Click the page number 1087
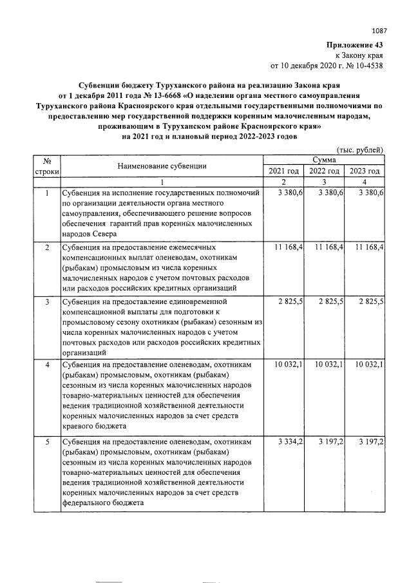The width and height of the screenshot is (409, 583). click(380, 30)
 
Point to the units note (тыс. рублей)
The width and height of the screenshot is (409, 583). click(361, 149)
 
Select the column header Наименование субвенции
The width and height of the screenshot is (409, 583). click(162, 166)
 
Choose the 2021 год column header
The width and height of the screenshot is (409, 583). click(283, 171)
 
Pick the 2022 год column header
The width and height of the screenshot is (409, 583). click(325, 171)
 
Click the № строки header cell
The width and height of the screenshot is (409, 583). click(46, 166)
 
